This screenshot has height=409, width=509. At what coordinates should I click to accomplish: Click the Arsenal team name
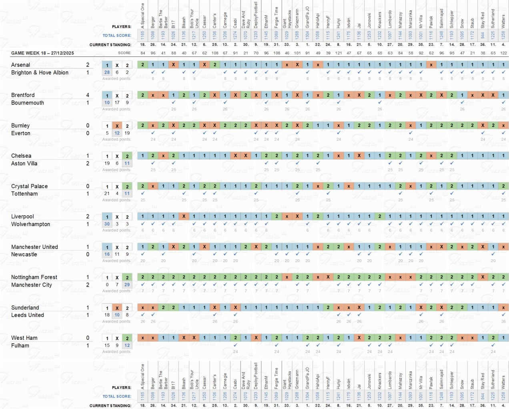tap(20, 65)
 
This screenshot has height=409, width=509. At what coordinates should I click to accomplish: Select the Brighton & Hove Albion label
tap(40, 72)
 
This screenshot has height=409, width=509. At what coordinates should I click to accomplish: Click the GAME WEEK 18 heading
tap(42, 53)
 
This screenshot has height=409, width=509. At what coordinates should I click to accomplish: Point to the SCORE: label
tap(124, 53)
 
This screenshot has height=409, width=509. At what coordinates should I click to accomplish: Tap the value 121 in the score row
tap(339, 53)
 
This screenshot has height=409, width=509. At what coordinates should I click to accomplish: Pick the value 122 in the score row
tap(503, 53)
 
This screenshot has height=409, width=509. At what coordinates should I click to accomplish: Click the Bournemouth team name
tap(28, 103)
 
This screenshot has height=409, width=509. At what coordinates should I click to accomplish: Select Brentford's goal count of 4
tap(88, 95)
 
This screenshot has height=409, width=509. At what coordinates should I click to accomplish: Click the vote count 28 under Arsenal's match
tap(107, 72)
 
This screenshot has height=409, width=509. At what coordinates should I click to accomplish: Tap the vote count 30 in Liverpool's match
tap(107, 224)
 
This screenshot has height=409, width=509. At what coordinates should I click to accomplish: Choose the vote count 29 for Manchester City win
tap(127, 285)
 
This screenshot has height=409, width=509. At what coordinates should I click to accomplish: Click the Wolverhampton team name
tap(30, 224)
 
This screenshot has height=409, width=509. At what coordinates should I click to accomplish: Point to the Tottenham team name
tap(24, 194)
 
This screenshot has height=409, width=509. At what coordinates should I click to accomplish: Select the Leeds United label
tap(28, 315)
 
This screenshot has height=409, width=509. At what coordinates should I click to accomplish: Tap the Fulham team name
tap(20, 345)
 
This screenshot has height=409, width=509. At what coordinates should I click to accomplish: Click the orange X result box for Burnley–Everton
tap(117, 126)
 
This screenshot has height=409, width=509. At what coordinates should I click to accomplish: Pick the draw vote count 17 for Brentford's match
tap(117, 102)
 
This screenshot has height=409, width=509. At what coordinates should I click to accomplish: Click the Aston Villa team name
tap(24, 163)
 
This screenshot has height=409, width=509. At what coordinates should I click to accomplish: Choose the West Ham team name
tap(24, 338)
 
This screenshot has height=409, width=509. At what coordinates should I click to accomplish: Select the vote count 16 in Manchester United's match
tap(107, 254)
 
